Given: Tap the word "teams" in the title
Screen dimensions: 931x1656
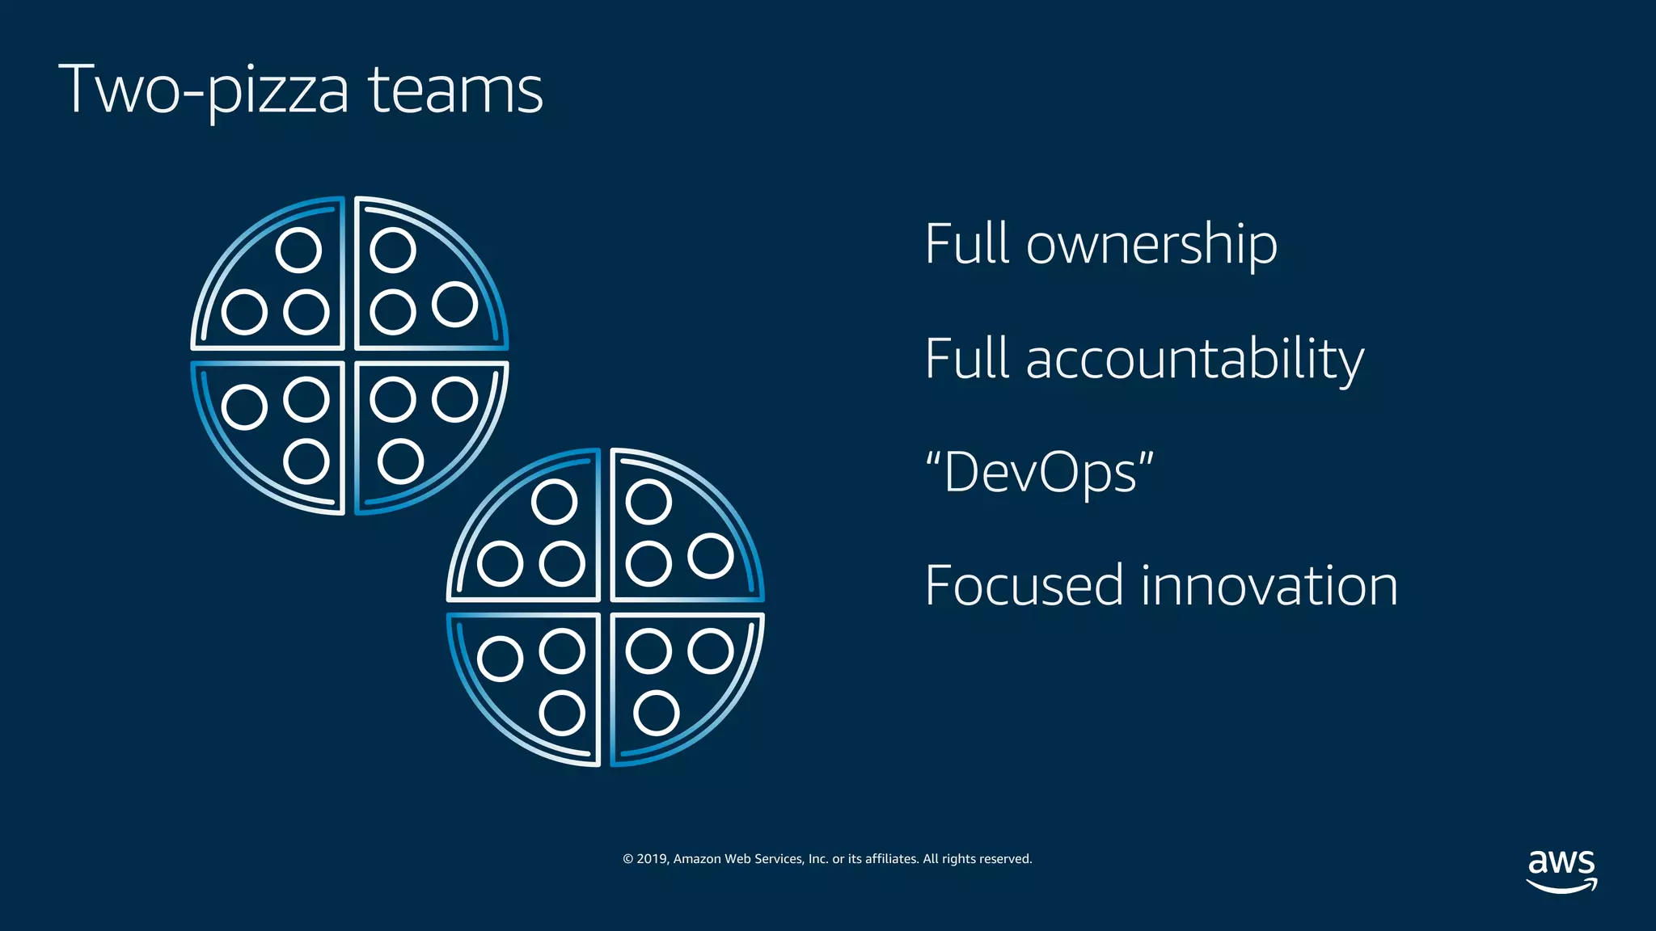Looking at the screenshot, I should click(456, 91).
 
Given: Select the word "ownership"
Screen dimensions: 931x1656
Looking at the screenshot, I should click(1151, 244).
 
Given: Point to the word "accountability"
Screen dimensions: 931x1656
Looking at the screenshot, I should click(1194, 359).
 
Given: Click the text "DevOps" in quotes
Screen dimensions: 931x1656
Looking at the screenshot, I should click(1040, 472).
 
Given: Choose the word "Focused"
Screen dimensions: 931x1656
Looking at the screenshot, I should click(1024, 586).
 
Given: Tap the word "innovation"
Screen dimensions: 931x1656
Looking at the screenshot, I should click(1269, 586).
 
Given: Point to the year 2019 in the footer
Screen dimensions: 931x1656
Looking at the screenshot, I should click(652, 859).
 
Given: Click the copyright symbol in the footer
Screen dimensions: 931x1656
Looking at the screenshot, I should click(627, 859).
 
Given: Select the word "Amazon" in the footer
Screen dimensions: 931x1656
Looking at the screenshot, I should click(697, 859).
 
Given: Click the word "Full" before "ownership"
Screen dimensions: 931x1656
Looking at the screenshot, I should click(967, 244).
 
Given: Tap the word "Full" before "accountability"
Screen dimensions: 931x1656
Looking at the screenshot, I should click(967, 359).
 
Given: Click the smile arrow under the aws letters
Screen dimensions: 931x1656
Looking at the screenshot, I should click(1561, 887).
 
